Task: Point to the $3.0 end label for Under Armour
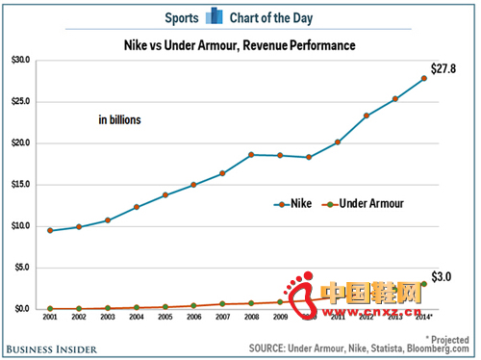click(x=442, y=276)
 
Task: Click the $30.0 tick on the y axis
click(x=20, y=60)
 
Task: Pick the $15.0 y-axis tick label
click(x=20, y=184)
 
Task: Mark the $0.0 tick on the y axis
click(x=22, y=308)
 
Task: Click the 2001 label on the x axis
click(x=49, y=317)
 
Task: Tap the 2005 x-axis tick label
click(x=165, y=317)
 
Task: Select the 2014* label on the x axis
click(x=424, y=317)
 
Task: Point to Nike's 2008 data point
click(x=250, y=154)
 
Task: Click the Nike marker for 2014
click(x=423, y=78)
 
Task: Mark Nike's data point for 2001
click(x=49, y=230)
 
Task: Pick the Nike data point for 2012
click(x=366, y=116)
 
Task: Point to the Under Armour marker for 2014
click(x=423, y=284)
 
